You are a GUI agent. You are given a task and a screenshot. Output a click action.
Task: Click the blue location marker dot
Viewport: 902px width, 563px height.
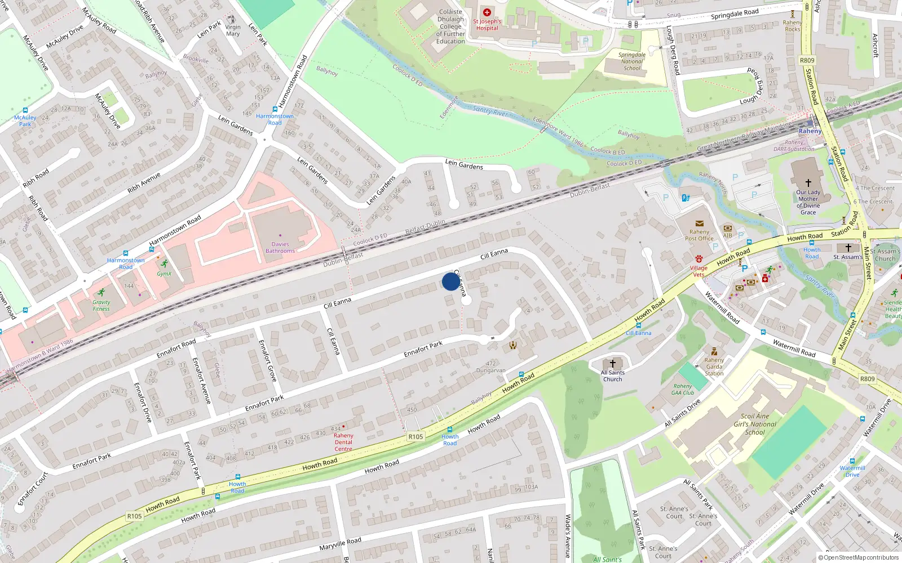point(451,281)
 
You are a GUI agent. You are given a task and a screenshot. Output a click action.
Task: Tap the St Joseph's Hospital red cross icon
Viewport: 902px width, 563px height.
point(487,12)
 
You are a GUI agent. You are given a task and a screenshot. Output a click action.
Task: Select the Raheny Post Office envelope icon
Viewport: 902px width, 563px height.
point(700,224)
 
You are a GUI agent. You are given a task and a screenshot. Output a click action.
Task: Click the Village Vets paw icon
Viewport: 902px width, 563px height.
point(699,259)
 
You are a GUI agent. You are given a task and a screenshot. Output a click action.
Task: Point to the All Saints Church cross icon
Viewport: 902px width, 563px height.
point(613,364)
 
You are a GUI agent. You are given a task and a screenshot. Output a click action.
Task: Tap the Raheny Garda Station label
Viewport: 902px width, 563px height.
point(714,367)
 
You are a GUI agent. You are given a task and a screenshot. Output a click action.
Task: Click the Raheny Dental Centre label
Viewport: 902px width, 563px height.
point(343,442)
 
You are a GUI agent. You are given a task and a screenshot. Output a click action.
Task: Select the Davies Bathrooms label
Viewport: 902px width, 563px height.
point(280,248)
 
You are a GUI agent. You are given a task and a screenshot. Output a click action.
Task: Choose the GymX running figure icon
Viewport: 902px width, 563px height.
point(164,263)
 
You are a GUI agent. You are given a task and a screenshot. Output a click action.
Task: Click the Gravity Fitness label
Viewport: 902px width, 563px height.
point(101,306)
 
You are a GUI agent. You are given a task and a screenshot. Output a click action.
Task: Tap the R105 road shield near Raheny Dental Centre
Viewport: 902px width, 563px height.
point(415,436)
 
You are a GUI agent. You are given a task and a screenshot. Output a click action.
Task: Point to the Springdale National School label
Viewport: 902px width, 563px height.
point(632,61)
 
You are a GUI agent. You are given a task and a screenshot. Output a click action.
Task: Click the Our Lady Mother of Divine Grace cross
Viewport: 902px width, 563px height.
point(808,183)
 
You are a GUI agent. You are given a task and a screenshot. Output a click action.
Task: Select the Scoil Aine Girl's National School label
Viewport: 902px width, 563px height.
point(755,424)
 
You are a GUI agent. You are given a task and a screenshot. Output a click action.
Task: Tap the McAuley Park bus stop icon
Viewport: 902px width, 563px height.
point(25,110)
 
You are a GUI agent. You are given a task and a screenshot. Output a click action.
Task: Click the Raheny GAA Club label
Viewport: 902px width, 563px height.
point(683,390)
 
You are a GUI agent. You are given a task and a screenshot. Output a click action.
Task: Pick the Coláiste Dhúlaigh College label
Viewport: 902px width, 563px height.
point(450,26)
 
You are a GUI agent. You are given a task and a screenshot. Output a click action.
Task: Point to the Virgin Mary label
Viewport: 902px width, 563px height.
point(233,30)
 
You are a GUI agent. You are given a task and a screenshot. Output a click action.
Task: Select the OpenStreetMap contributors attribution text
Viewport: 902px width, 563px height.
point(858,558)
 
